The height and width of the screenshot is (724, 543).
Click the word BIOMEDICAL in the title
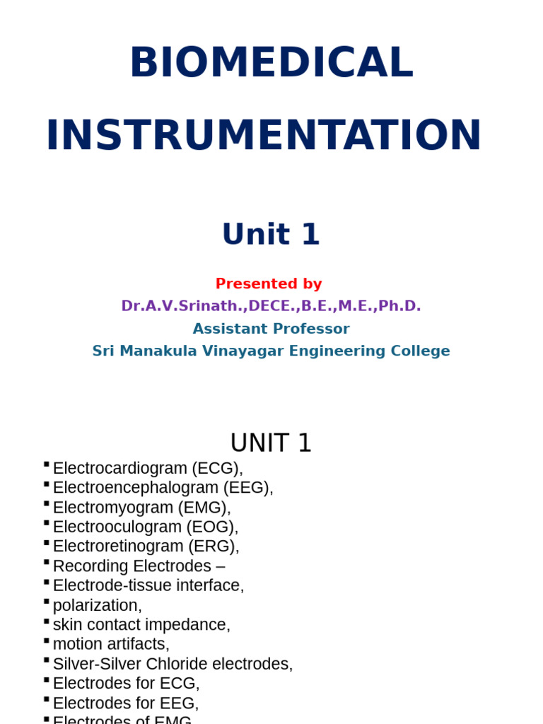(271, 63)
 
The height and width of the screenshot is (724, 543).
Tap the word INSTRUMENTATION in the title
(264, 136)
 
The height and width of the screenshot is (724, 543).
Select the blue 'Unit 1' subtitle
(271, 235)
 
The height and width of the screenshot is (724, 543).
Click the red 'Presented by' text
(269, 284)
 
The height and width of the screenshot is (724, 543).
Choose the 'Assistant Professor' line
(271, 329)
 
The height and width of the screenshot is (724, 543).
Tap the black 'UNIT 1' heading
(271, 443)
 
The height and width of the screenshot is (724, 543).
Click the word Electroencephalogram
(136, 488)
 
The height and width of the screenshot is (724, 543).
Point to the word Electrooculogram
(117, 527)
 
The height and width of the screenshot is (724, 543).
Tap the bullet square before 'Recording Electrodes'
(46, 563)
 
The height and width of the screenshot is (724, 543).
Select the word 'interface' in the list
(211, 586)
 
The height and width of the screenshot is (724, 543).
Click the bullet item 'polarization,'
(98, 606)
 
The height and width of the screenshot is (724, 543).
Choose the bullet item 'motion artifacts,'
(111, 645)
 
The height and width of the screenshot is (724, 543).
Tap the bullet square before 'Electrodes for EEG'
(46, 700)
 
